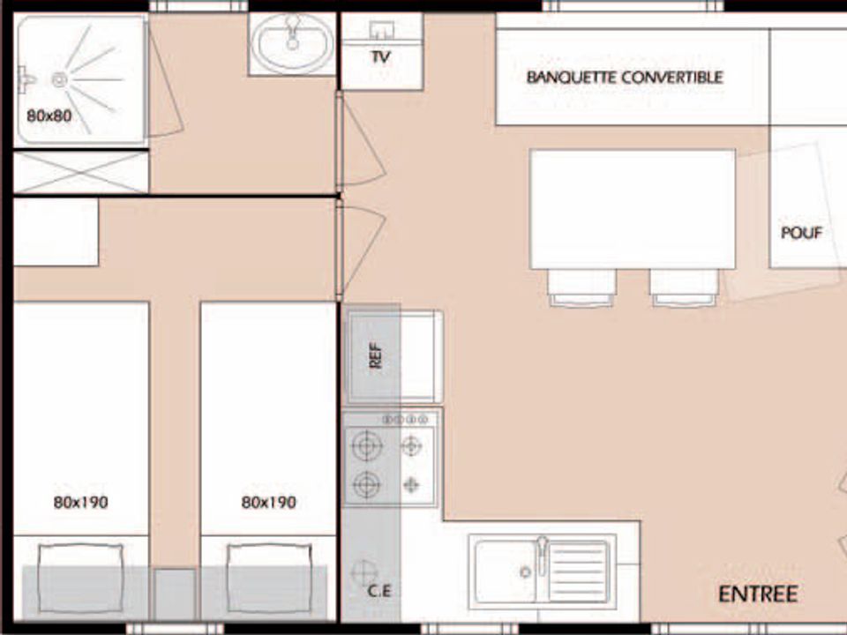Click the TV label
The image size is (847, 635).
point(381,56)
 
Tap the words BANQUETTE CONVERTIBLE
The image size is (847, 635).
point(625,78)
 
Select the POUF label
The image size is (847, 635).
point(802,233)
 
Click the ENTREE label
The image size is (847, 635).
point(758,594)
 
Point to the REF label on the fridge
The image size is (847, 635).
point(375,355)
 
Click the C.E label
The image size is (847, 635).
point(379,591)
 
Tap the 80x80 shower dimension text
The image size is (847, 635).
point(49,116)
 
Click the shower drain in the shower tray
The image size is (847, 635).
point(59,80)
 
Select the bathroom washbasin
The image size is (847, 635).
point(293,44)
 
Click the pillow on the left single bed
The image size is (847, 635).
point(81,579)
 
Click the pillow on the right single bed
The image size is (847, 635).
point(269,579)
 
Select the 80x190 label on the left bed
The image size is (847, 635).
point(80,503)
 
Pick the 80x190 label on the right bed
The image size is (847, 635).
point(268,503)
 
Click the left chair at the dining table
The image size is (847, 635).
point(581,288)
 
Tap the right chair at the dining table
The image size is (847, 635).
point(684,288)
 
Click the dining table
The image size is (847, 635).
point(633,210)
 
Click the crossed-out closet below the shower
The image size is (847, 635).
point(80,172)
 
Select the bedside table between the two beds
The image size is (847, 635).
point(175,594)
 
